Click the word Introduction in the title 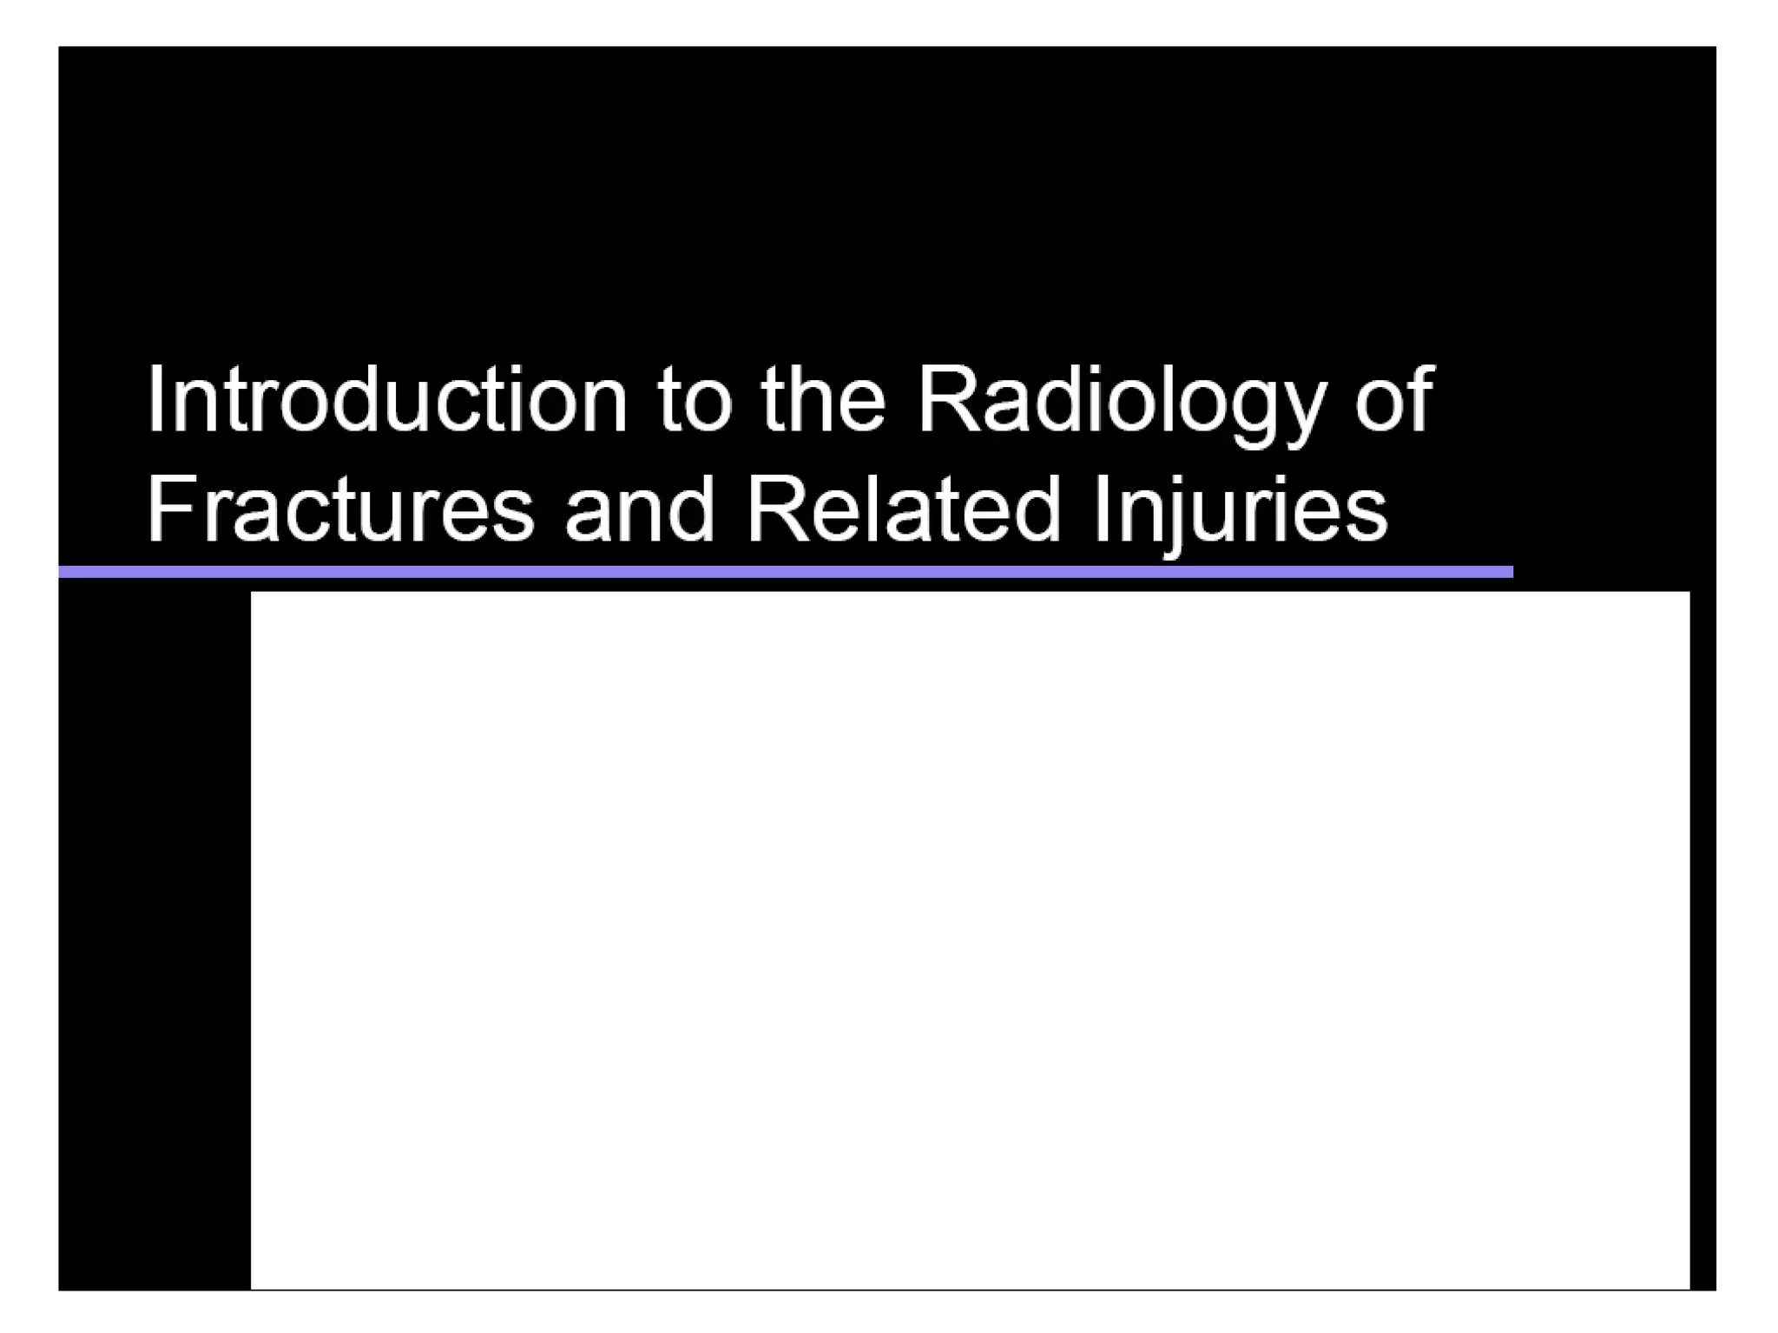click(x=386, y=399)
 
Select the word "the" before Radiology click(x=823, y=399)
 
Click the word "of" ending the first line click(x=1394, y=399)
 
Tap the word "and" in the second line click(x=640, y=509)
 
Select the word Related click(x=904, y=509)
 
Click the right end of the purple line click(x=1510, y=572)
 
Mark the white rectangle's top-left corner click(x=252, y=593)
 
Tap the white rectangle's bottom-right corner click(x=1689, y=1288)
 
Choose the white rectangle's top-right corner click(x=1689, y=593)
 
